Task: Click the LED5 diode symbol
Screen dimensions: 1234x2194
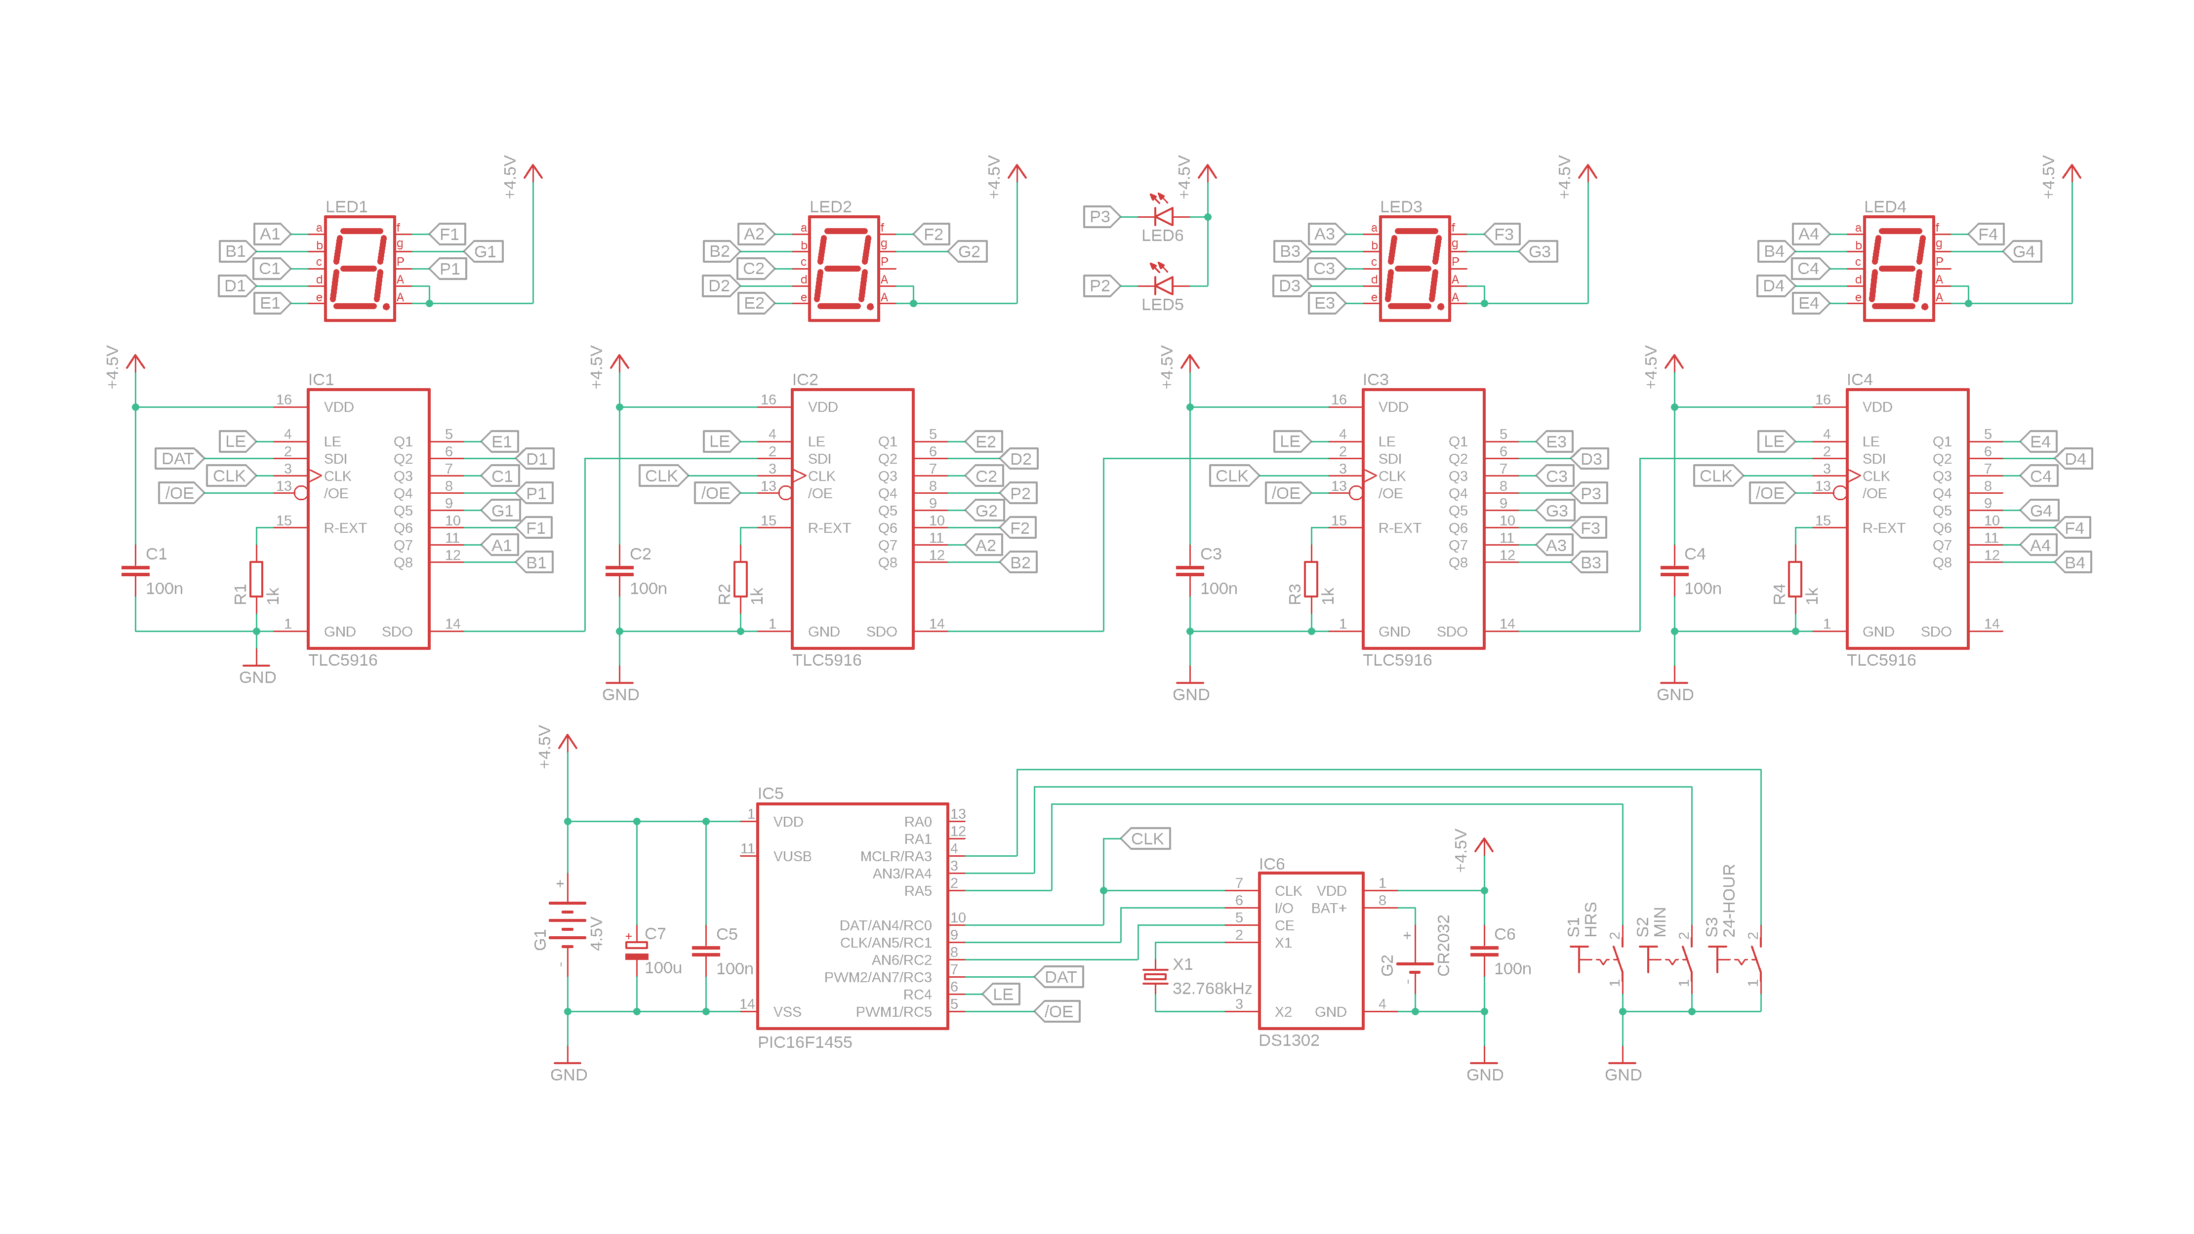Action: (x=1163, y=285)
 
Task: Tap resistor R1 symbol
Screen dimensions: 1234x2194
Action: (x=256, y=579)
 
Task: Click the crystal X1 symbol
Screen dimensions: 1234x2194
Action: (x=1155, y=977)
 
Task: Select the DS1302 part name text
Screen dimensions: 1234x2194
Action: (x=1289, y=1041)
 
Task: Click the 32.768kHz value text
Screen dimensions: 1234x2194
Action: (x=1211, y=989)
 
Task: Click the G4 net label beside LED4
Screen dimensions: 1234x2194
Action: (x=2023, y=251)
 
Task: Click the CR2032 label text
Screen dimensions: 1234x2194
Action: (x=1443, y=945)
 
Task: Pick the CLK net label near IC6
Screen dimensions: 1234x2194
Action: (x=1146, y=839)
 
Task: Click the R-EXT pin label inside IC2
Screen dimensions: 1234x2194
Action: (x=829, y=528)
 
